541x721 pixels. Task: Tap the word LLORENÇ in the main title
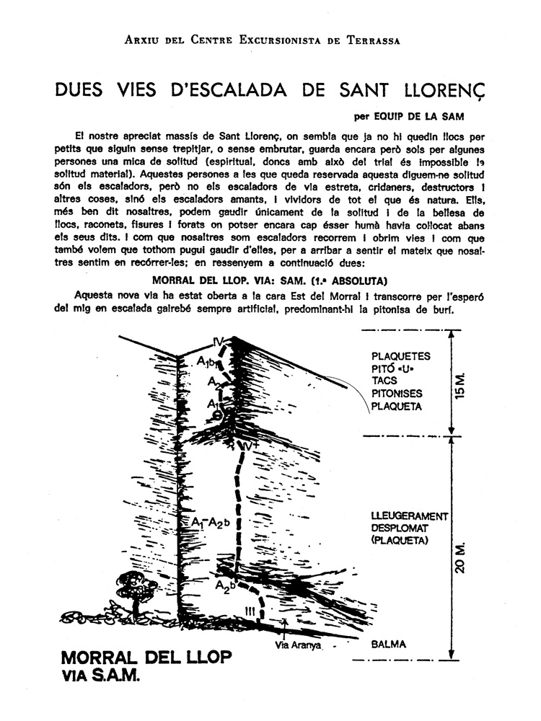[x=431, y=92]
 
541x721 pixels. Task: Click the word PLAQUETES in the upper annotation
[x=400, y=356]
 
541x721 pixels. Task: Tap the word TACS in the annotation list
[x=384, y=381]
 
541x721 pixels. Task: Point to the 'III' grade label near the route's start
[x=250, y=611]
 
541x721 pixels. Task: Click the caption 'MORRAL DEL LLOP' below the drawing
[x=146, y=658]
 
